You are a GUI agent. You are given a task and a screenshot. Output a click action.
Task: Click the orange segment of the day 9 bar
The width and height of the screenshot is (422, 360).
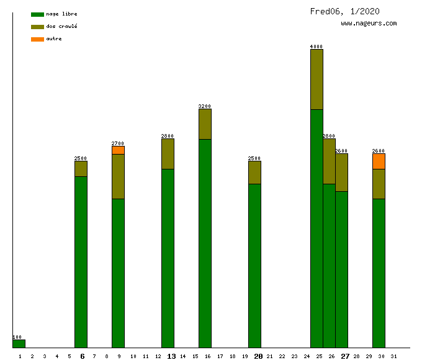tap(118, 150)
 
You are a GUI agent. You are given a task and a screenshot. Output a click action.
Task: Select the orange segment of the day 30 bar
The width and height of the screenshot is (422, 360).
tap(379, 161)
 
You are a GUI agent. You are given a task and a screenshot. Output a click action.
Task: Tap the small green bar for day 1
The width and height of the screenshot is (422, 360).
tap(19, 343)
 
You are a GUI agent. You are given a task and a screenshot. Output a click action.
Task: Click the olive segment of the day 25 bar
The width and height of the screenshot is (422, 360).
tap(316, 79)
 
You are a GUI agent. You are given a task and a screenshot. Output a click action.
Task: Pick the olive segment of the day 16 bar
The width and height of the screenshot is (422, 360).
tap(205, 124)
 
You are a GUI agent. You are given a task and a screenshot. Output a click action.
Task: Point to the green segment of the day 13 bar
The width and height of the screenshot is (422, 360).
tap(168, 258)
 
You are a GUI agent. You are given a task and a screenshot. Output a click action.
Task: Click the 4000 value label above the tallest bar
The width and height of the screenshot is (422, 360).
tap(316, 47)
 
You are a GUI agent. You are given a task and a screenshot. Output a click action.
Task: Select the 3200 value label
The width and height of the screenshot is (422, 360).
tap(205, 106)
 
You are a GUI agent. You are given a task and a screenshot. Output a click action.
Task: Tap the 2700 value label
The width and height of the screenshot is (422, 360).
tap(118, 143)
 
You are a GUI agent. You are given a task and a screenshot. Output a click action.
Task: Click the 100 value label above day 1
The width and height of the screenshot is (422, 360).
tap(17, 337)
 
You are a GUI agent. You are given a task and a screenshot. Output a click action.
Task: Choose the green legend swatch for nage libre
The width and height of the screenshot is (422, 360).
tap(37, 14)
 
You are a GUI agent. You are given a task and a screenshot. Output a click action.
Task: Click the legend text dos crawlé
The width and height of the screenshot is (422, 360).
tap(62, 27)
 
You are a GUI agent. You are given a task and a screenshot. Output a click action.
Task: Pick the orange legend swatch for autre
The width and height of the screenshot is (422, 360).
tap(37, 39)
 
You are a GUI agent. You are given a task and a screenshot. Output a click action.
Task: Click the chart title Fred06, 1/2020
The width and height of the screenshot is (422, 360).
tap(345, 11)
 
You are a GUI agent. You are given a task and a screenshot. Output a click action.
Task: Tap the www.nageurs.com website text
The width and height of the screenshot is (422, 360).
tap(369, 24)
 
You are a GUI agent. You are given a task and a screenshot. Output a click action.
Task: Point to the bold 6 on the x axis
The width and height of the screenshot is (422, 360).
tap(82, 356)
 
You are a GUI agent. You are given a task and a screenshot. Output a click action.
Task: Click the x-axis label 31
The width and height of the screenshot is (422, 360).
tap(393, 356)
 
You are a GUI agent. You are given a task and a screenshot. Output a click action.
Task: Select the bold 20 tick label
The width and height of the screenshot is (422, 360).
tap(258, 356)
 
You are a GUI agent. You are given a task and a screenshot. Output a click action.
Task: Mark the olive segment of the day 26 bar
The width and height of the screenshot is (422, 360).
tap(329, 161)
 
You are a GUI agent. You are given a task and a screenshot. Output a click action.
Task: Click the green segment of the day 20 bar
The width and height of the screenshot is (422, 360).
tap(254, 266)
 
